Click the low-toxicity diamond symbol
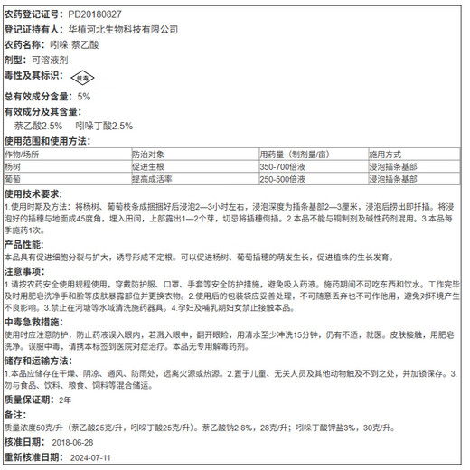[81, 78]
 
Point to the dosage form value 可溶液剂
[61, 58]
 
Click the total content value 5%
[84, 96]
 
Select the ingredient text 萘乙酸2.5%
[40, 126]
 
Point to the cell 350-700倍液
[283, 167]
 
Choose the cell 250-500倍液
[283, 179]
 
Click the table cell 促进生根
[149, 167]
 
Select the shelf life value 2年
[63, 399]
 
